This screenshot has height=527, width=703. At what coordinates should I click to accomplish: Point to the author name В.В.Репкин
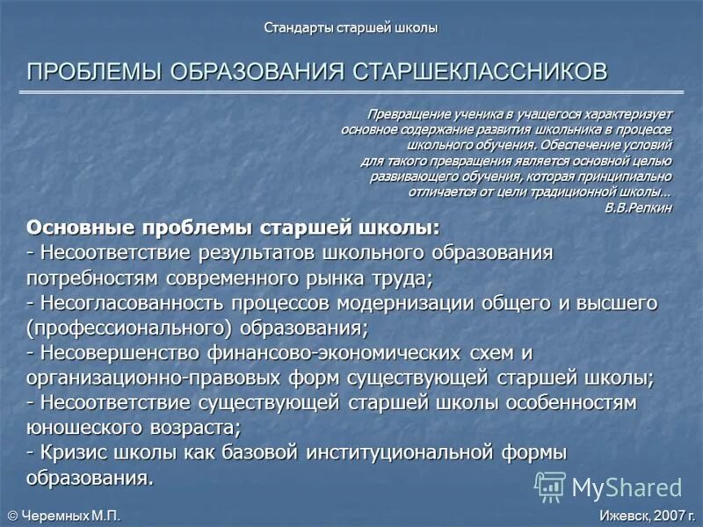coord(638,207)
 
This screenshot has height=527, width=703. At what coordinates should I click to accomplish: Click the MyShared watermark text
coord(627,487)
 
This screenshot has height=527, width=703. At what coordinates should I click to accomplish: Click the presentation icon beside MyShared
coord(550,486)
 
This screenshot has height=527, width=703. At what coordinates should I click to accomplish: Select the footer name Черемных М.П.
coord(69,516)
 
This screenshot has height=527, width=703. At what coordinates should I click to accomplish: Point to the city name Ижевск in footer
coord(621,516)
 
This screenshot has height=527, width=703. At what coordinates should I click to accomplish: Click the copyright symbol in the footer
coord(12,516)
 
